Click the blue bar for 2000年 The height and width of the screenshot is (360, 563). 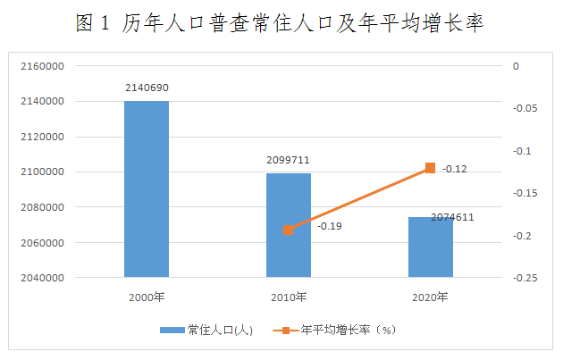click(147, 188)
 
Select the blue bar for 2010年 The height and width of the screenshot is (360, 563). click(289, 225)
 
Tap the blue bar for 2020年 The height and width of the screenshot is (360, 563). click(431, 247)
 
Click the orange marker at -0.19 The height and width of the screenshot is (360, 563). click(289, 230)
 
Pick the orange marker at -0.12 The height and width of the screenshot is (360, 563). click(430, 168)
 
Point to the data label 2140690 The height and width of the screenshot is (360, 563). click(147, 88)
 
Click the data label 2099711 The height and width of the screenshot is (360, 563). click(288, 160)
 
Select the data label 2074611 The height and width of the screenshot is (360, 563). click(452, 217)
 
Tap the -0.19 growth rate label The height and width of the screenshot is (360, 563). click(329, 226)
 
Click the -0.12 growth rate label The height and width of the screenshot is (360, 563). click(455, 169)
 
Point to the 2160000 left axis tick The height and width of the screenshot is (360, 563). click(42, 66)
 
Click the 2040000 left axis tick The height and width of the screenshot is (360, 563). click(42, 278)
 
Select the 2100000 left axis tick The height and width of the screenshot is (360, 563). click(42, 172)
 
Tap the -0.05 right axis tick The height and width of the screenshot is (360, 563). click(525, 108)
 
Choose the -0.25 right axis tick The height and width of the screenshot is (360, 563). click(525, 278)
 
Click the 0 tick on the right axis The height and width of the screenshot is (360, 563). click(516, 66)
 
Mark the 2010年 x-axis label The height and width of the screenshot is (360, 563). click(289, 297)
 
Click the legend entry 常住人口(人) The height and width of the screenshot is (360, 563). click(206, 330)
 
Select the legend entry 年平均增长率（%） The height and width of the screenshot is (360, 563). click(334, 330)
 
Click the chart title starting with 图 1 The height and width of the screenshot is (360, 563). click(280, 23)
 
